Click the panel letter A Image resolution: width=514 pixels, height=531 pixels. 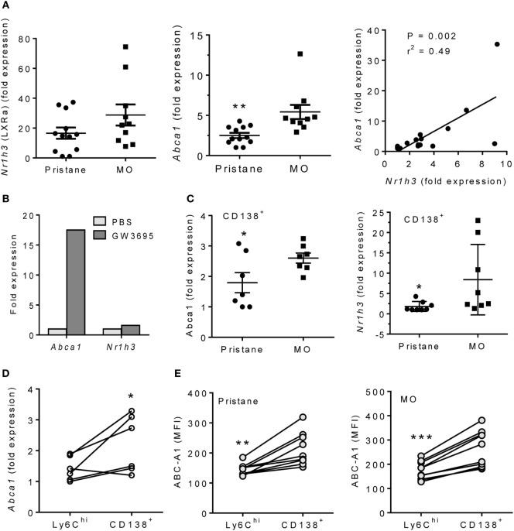(x=7, y=6)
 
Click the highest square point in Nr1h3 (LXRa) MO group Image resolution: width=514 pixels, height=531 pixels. (x=124, y=47)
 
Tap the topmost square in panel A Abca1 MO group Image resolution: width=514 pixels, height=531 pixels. (x=300, y=54)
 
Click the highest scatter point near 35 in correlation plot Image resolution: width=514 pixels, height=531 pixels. (x=497, y=44)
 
